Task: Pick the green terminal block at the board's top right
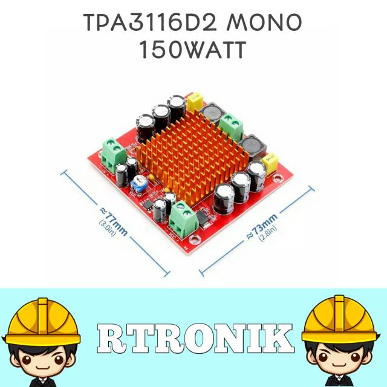230,128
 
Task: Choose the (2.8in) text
267,233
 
